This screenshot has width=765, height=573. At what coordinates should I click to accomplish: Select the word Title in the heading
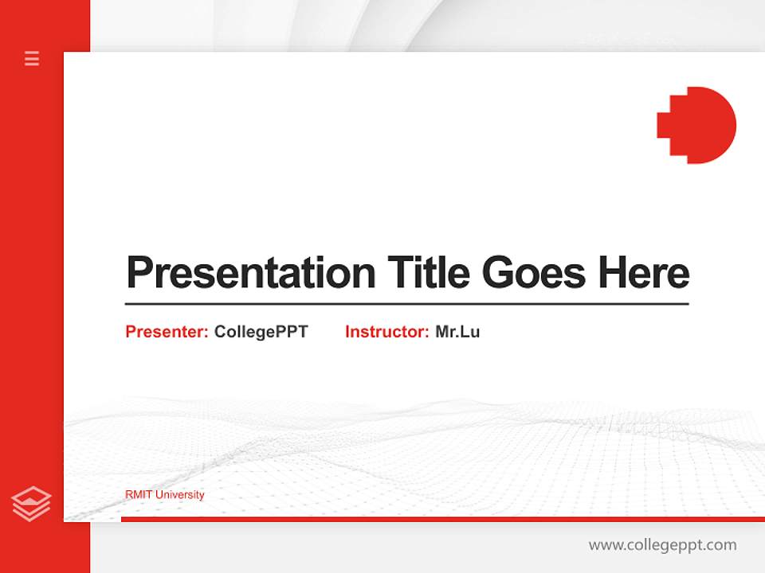429,273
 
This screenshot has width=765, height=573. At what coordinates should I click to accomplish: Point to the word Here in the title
644,273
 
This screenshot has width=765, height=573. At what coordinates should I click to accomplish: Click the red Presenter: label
167,332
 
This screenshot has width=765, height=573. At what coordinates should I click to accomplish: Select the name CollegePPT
261,332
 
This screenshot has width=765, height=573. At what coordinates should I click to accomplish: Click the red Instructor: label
386,332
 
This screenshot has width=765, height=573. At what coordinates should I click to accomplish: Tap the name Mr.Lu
457,332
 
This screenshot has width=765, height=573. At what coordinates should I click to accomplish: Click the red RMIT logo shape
700,125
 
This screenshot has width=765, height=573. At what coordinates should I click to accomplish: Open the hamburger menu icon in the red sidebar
32,58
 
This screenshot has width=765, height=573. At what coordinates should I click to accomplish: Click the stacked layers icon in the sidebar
31,504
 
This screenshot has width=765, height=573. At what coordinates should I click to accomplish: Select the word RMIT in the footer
139,495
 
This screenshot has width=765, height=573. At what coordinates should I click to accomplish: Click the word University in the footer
179,495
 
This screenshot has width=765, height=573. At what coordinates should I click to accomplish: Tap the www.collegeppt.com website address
662,545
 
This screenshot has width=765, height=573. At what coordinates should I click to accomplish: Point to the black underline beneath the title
406,304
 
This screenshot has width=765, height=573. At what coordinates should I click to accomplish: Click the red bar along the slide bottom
442,519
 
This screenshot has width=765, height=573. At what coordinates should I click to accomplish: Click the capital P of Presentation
139,273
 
